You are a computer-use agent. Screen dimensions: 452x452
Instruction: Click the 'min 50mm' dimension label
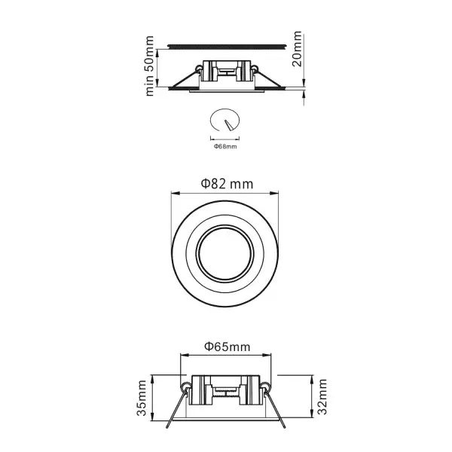click(149, 66)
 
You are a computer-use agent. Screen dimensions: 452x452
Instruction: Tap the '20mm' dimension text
click(298, 50)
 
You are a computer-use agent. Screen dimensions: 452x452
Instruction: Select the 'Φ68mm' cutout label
click(225, 146)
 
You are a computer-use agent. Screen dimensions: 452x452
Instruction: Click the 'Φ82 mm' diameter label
click(226, 183)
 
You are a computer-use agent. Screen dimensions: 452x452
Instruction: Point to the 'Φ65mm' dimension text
click(226, 347)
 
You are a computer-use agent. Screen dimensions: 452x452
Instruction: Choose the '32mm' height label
click(322, 398)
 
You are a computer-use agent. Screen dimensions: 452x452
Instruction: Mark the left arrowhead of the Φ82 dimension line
click(175, 193)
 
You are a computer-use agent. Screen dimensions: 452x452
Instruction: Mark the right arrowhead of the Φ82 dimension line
click(277, 193)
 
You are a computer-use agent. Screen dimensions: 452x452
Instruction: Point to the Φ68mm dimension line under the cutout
click(225, 138)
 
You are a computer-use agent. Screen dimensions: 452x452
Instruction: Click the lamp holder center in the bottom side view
click(226, 392)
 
